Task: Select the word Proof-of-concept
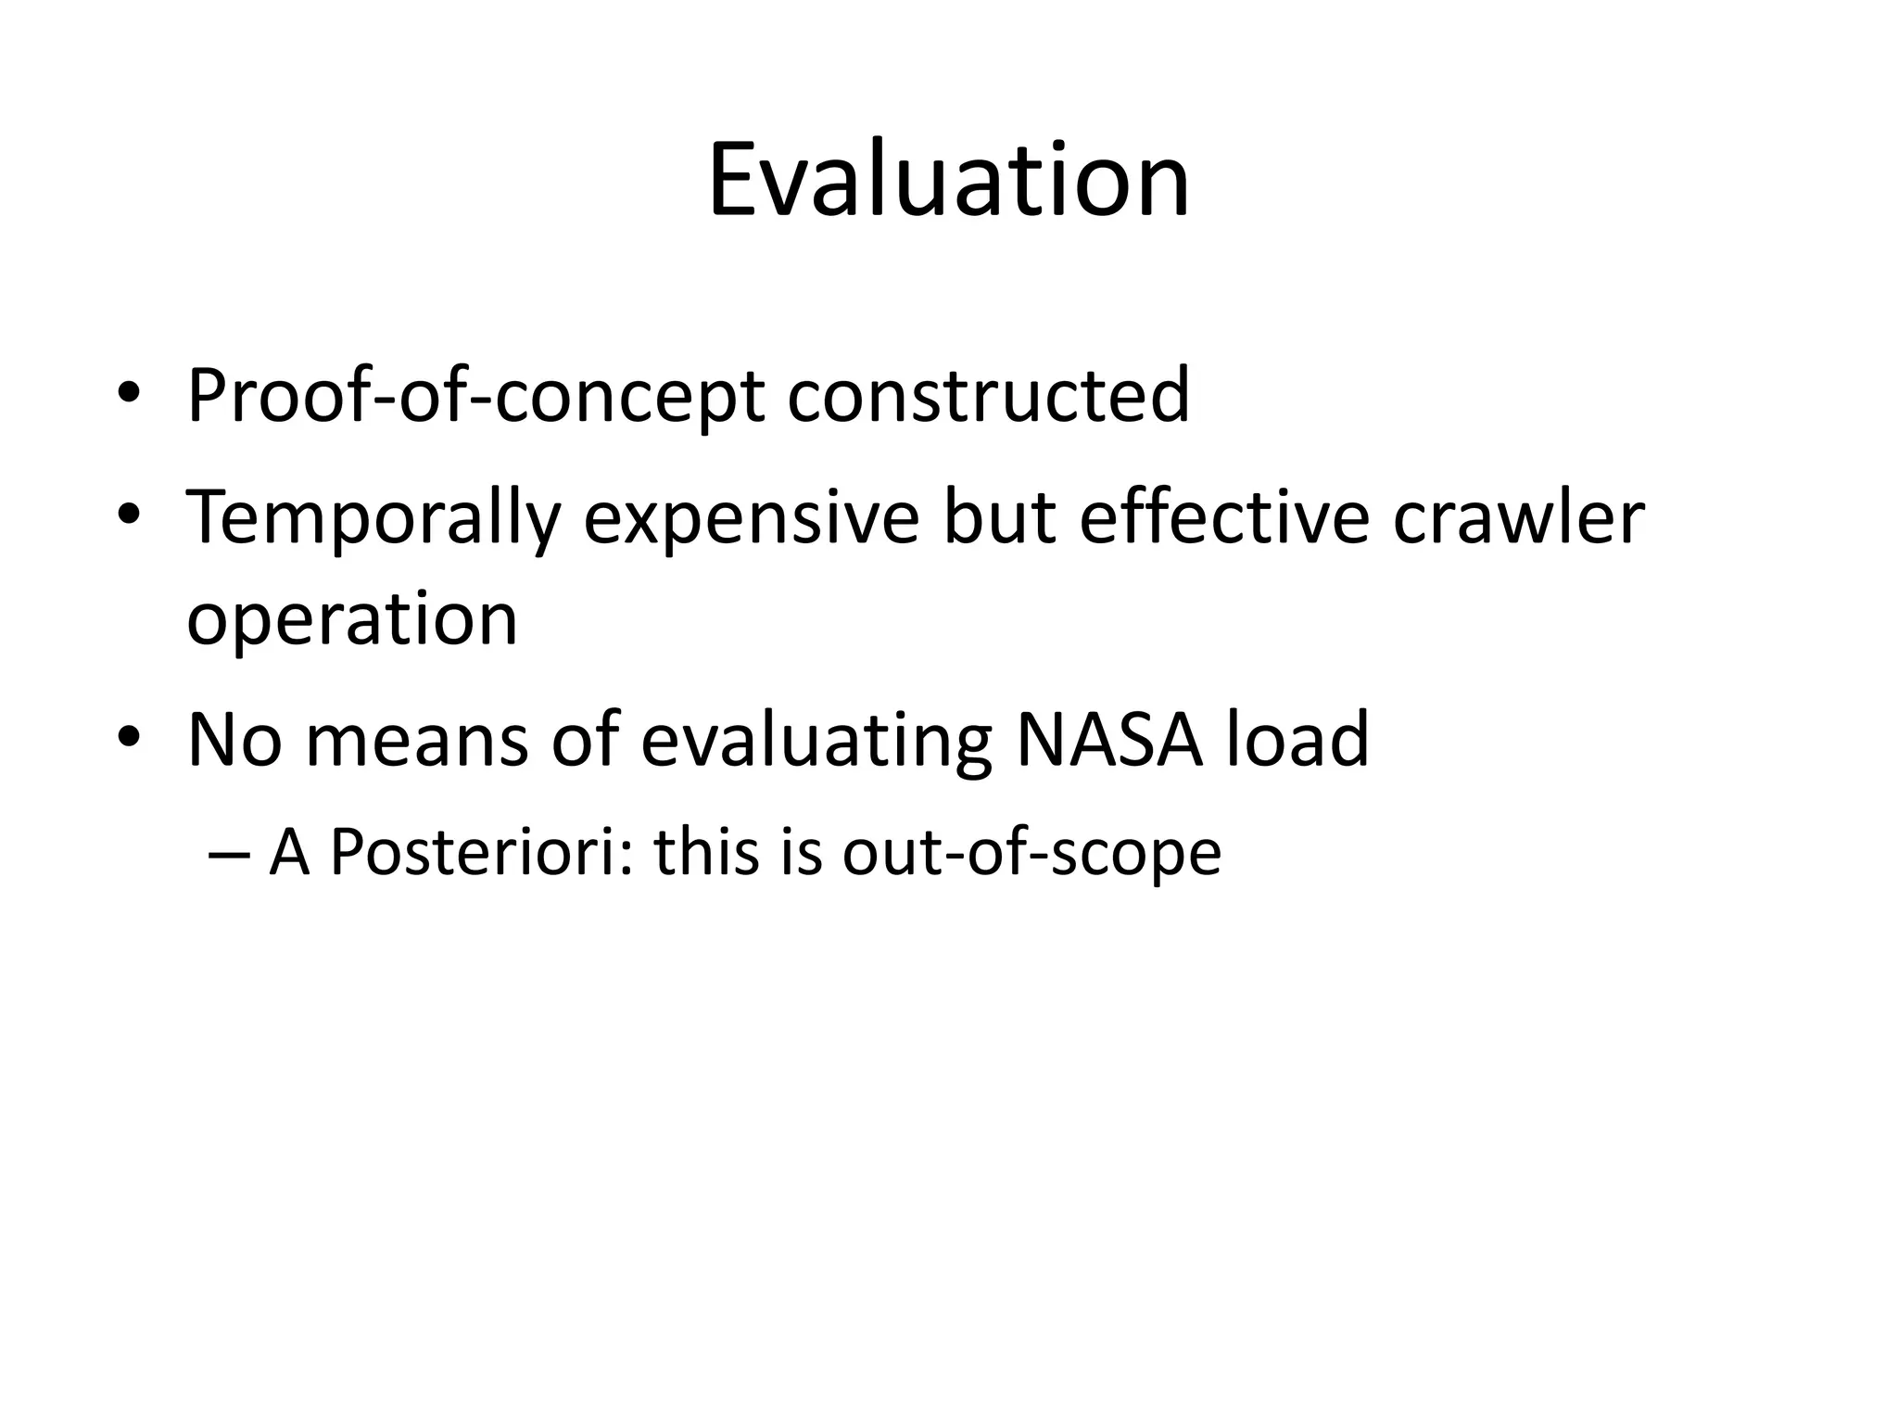(474, 396)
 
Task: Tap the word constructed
(988, 396)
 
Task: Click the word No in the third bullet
(234, 739)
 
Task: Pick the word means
(416, 741)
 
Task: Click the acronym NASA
(1109, 739)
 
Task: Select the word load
(1297, 739)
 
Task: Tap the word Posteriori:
(479, 851)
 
